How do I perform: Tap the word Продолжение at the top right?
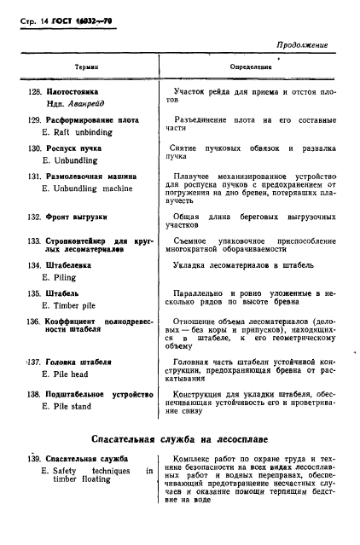click(299, 43)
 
